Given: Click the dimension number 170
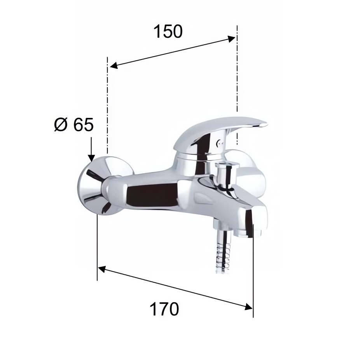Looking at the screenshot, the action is coord(164,309).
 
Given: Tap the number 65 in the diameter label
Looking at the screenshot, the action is coord(84,125).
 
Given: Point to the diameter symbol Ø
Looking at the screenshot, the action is coord(61,125).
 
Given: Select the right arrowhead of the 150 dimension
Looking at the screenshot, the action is coord(231,39).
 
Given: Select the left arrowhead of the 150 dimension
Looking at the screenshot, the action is coord(114,66).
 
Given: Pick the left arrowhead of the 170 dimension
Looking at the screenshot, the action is coord(102,269).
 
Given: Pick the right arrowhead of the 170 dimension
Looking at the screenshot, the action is coord(249,307).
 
